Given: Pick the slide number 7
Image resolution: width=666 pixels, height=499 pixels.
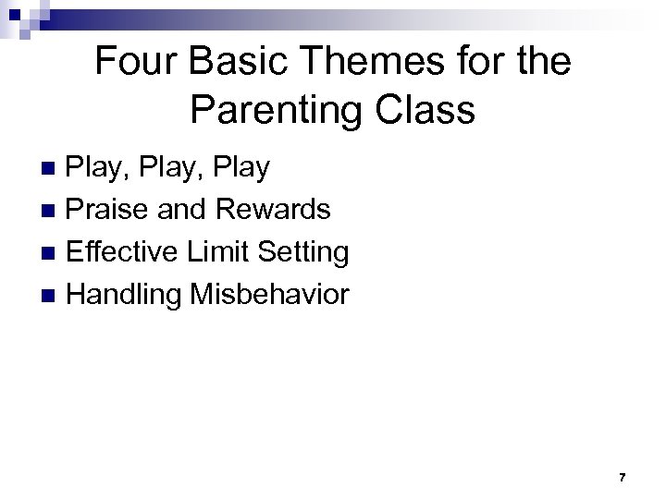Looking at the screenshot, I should click(622, 478).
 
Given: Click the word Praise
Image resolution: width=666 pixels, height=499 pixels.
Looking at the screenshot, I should click(109, 210).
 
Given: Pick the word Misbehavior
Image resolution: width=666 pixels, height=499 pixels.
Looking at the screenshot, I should click(269, 295).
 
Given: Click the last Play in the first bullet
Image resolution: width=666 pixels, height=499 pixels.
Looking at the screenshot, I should click(239, 168).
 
